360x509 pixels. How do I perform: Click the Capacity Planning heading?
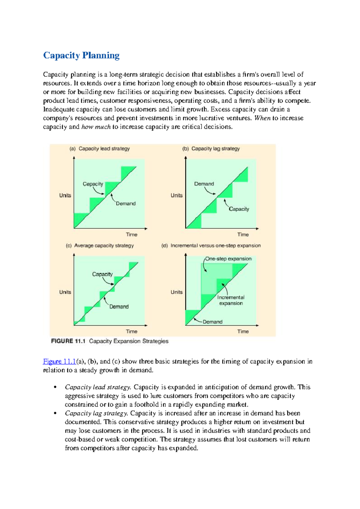[81, 55]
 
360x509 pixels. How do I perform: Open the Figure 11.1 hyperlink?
[59, 362]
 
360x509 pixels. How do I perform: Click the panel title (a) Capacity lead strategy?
[100, 149]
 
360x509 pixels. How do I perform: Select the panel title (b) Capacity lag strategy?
[211, 149]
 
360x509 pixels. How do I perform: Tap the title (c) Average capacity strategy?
[100, 246]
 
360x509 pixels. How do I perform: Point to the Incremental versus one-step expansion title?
[211, 246]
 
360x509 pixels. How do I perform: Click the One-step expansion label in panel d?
[228, 259]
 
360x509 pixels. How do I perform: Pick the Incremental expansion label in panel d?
[231, 300]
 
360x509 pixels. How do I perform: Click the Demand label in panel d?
[212, 322]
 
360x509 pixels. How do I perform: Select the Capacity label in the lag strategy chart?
[239, 209]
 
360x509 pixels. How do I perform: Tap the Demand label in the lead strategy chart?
[126, 204]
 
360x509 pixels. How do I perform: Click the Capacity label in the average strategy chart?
[102, 274]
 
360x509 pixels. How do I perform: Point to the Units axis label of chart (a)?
[65, 195]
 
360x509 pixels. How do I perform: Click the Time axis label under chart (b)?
[243, 235]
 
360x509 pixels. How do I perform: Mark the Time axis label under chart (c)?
[131, 332]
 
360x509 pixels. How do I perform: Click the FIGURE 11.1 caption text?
[110, 341]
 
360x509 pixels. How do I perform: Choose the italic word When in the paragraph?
[262, 118]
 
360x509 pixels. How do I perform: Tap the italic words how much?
[96, 127]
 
